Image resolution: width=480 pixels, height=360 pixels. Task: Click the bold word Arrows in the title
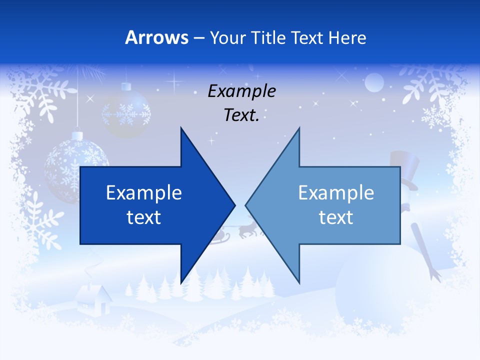click(156, 37)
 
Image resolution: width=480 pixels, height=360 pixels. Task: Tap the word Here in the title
click(347, 37)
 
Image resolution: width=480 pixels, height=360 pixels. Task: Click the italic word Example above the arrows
click(241, 91)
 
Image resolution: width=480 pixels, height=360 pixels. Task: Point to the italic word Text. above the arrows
click(241, 115)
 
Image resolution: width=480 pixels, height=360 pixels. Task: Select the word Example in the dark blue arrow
click(144, 193)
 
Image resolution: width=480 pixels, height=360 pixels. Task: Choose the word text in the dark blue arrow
click(144, 217)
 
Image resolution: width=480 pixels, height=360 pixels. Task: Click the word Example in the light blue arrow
click(336, 193)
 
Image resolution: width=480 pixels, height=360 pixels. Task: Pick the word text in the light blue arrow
click(336, 217)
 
